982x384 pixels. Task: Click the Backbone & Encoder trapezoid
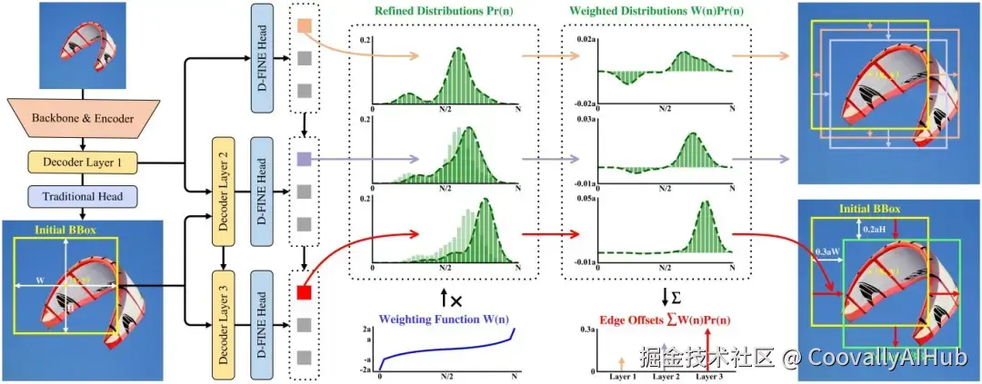coord(83,119)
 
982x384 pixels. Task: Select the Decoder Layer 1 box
coord(83,163)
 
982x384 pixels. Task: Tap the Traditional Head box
coord(83,195)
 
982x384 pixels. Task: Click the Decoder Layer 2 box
coord(224,190)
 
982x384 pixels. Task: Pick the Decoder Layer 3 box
coord(224,317)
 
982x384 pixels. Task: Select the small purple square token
coord(305,159)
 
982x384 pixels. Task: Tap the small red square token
coord(305,292)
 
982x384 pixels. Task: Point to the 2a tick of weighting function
coord(368,329)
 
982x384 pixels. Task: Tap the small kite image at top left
coord(83,46)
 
